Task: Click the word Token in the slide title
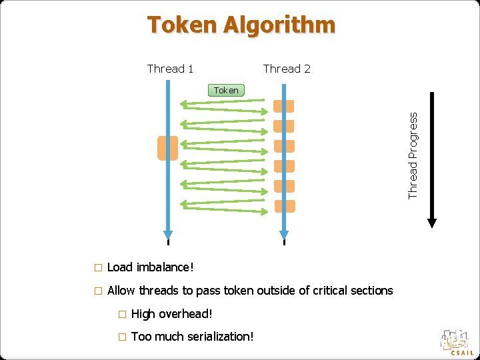[x=182, y=25]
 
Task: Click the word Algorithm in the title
[x=279, y=25]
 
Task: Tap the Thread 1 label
[x=170, y=69]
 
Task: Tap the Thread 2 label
[x=287, y=69]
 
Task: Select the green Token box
[x=227, y=90]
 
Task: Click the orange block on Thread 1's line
[x=167, y=148]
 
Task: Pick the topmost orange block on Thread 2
[x=285, y=106]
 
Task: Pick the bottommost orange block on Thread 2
[x=285, y=206]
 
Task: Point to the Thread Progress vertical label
[x=413, y=154]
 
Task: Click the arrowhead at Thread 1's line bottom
[x=168, y=234]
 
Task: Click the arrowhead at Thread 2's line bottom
[x=285, y=234]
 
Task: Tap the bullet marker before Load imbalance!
[x=97, y=268]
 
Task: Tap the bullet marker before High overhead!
[x=121, y=314]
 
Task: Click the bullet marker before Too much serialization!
[x=121, y=337]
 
